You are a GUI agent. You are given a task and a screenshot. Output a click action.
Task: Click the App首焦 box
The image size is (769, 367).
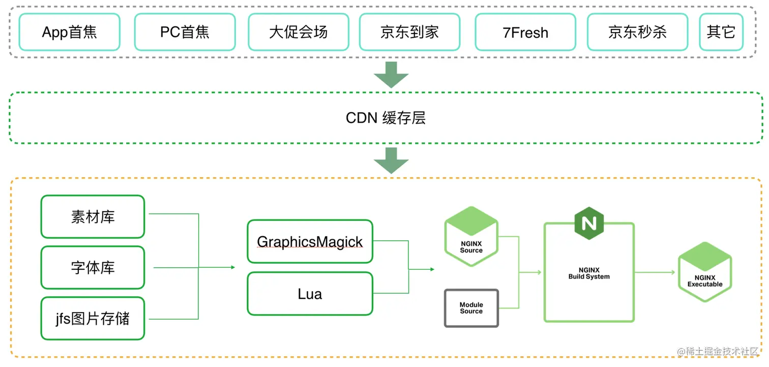(x=69, y=33)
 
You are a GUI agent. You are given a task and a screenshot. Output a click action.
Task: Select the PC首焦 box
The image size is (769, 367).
(x=185, y=33)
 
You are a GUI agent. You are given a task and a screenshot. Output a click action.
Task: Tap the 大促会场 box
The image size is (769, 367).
(x=299, y=33)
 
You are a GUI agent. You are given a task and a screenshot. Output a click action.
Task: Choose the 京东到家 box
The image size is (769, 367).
(x=409, y=33)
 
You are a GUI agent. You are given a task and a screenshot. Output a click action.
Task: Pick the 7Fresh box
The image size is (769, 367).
(x=525, y=33)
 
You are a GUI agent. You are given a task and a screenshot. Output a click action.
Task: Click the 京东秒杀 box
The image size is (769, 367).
(x=637, y=33)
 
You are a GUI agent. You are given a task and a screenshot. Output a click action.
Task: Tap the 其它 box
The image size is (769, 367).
(x=721, y=33)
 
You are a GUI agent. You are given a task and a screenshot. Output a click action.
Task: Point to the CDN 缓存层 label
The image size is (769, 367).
(x=386, y=118)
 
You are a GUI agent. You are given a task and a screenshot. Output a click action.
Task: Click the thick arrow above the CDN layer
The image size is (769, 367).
(x=391, y=74)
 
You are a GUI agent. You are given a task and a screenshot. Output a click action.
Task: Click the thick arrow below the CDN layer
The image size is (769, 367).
(x=391, y=160)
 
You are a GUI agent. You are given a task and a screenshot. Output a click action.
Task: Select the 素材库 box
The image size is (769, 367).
(x=93, y=217)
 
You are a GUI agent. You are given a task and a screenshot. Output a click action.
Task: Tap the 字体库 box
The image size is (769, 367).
(x=93, y=268)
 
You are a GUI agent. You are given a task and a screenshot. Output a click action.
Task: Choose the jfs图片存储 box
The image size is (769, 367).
(x=93, y=319)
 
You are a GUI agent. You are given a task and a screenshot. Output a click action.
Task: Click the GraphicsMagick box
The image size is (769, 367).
(x=310, y=242)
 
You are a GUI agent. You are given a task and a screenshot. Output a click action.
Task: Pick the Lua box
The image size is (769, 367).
(x=310, y=294)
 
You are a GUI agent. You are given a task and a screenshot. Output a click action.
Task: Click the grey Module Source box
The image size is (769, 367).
(x=471, y=308)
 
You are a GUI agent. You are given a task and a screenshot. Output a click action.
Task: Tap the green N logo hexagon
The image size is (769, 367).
(x=589, y=223)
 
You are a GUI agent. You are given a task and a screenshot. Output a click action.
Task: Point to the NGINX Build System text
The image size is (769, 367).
(x=589, y=273)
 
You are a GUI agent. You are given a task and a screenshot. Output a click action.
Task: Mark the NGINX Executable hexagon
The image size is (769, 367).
(x=704, y=272)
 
